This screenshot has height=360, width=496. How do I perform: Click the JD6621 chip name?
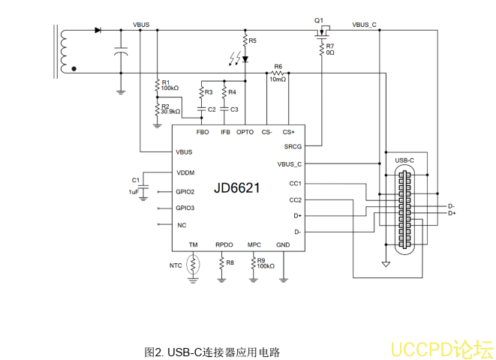pos(236,188)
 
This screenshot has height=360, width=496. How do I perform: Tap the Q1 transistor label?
pos(319,19)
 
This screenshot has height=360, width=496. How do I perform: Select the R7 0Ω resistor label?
pos(330,49)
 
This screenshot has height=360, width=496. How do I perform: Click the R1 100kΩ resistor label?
pos(170,85)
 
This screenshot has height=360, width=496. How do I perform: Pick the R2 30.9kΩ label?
pos(170,109)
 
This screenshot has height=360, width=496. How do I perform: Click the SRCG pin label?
pos(293,147)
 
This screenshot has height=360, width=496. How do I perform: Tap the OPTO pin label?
pos(245,133)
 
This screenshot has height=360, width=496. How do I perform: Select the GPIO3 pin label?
pos(185,208)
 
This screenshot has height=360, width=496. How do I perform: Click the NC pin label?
pos(182,225)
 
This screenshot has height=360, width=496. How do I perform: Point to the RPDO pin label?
pos(224,245)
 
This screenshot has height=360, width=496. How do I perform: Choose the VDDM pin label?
pos(185,173)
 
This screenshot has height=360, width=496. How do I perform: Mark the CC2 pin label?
pos(295,199)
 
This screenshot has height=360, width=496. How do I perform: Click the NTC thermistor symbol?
pos(194,265)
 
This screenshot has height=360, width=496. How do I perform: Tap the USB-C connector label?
pos(404,160)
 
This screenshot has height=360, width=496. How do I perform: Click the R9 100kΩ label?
pos(265,263)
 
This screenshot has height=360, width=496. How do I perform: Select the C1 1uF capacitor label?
pos(135,186)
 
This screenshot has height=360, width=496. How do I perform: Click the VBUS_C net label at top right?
pos(364,25)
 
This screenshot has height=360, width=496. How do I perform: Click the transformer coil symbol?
pos(64,51)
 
